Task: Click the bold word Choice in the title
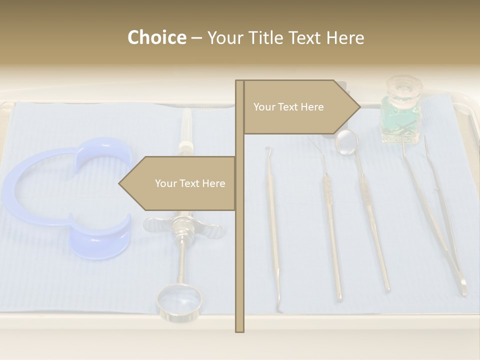[x=156, y=38]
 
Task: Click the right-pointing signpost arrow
[x=300, y=107]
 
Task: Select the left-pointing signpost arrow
[x=178, y=183]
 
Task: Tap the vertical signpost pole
[x=239, y=250]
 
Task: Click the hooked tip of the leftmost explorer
[x=267, y=148]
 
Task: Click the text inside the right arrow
[x=288, y=107]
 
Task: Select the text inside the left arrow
[x=190, y=183]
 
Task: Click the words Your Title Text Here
[x=285, y=38]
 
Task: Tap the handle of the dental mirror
[x=372, y=225]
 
